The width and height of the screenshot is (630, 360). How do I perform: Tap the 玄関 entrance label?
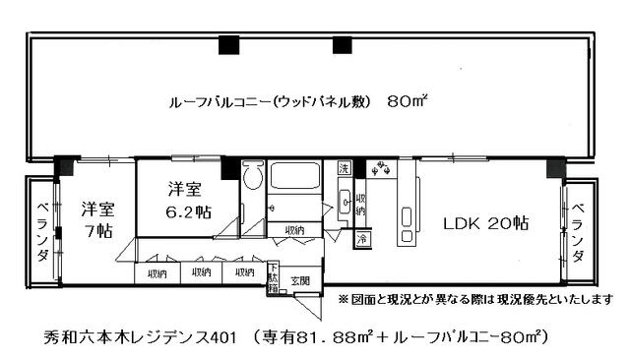298,280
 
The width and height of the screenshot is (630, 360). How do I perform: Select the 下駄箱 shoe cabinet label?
272,280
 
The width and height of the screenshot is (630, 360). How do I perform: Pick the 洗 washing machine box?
343,168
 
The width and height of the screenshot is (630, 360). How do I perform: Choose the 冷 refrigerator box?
362,239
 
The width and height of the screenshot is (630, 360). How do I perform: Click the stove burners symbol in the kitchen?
382,169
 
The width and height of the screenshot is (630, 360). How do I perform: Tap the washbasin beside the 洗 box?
345,202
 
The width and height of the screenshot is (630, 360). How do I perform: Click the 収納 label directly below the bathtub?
294,230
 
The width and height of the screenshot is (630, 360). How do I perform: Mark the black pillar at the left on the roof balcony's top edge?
228,43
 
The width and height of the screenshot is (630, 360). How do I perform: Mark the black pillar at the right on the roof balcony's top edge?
342,43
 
